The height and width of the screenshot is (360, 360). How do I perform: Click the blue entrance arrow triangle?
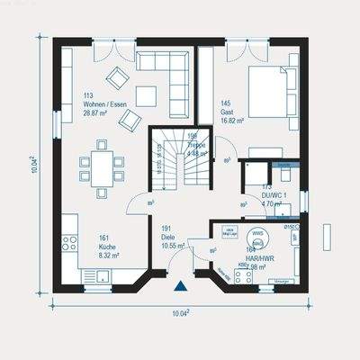coord(181,287)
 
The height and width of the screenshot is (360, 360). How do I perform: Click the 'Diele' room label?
coord(168,237)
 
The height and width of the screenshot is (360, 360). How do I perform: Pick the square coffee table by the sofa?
coord(146,94)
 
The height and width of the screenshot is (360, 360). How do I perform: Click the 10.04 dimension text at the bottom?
coord(179,312)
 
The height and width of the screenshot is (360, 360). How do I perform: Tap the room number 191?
coord(166,229)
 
